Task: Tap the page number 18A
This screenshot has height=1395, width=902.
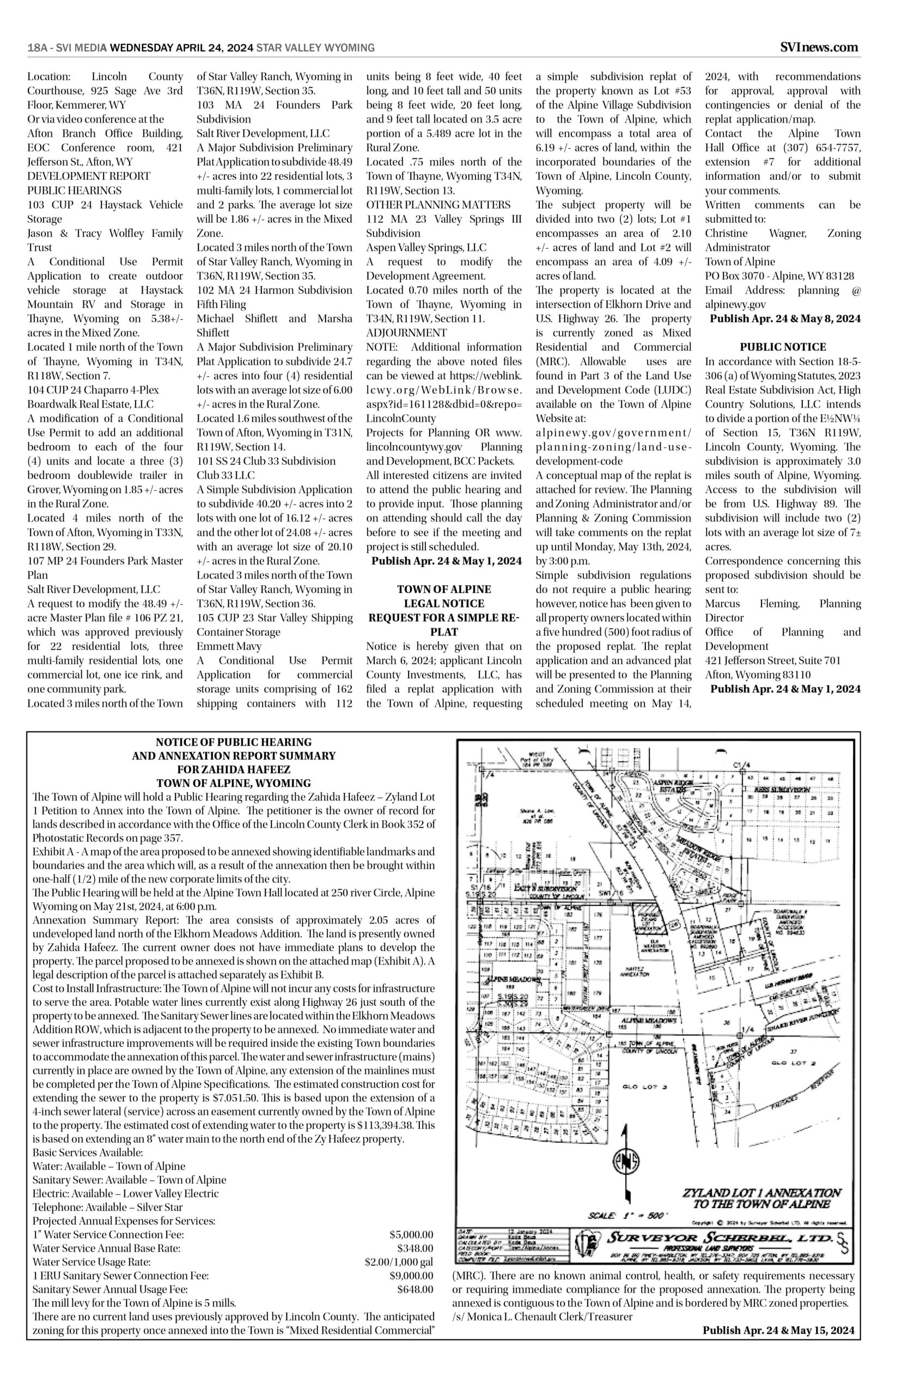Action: click(37, 48)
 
